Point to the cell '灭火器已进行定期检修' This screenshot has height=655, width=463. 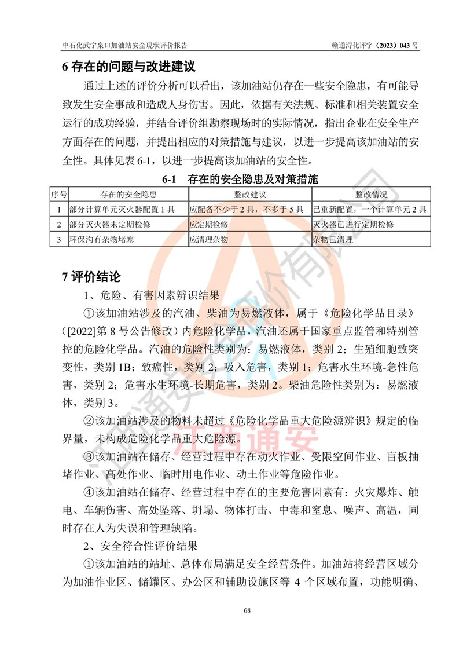tap(354, 224)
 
